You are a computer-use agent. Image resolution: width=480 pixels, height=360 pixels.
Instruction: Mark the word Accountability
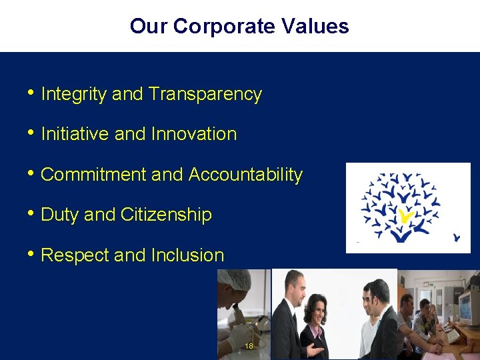pyautogui.click(x=245, y=175)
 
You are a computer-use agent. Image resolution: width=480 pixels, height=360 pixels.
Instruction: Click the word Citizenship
pyautogui.click(x=166, y=215)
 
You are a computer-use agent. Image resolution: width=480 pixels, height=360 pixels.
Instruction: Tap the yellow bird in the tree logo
pyautogui.click(x=406, y=215)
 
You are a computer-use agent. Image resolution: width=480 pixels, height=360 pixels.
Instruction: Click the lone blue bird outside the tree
pyautogui.click(x=457, y=237)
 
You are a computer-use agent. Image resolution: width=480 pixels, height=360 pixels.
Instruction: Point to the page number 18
pyautogui.click(x=249, y=346)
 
